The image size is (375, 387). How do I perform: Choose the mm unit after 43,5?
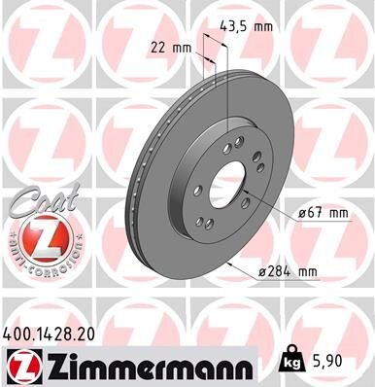[264, 28]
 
